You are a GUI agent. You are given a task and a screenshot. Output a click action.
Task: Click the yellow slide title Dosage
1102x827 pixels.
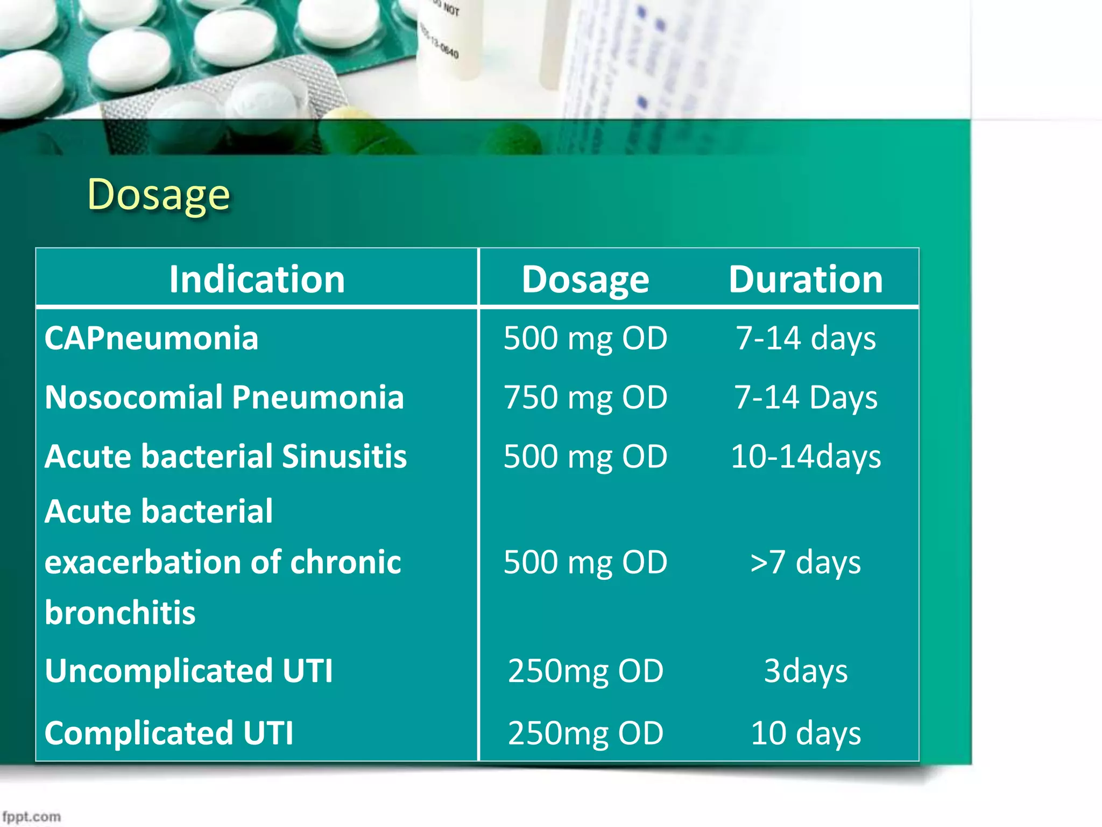click(159, 195)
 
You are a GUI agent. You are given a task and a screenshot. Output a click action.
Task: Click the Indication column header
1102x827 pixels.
click(257, 279)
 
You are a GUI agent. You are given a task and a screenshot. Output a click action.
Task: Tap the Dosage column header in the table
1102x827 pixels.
click(585, 279)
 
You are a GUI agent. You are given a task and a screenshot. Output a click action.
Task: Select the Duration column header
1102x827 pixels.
click(806, 279)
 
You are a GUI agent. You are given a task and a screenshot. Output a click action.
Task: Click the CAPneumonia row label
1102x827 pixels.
click(151, 339)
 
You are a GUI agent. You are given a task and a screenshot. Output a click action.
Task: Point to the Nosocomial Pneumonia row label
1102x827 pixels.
click(224, 398)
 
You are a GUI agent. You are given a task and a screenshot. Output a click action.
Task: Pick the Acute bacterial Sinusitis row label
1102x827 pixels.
click(225, 457)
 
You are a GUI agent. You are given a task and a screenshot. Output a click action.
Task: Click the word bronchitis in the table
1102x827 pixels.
click(120, 613)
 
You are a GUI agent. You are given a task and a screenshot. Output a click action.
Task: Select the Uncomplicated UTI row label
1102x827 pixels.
click(189, 671)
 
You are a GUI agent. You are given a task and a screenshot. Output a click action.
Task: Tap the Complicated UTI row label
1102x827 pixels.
click(169, 733)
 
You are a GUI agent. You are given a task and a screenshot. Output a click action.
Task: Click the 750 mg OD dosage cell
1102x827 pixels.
click(585, 398)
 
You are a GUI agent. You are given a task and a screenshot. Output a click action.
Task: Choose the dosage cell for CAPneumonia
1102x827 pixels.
click(585, 339)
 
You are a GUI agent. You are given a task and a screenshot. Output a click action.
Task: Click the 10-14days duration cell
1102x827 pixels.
click(806, 457)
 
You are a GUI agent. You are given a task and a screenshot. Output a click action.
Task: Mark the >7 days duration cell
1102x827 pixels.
click(806, 563)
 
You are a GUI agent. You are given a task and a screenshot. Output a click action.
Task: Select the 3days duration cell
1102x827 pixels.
click(806, 671)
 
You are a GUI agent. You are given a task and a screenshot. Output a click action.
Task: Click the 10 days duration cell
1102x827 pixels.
click(806, 733)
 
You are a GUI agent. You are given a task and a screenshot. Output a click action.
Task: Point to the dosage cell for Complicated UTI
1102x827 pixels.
click(585, 733)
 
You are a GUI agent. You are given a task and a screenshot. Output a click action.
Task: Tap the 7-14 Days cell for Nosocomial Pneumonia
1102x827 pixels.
click(806, 398)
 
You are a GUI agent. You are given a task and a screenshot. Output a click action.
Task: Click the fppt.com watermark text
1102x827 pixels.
click(31, 817)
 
